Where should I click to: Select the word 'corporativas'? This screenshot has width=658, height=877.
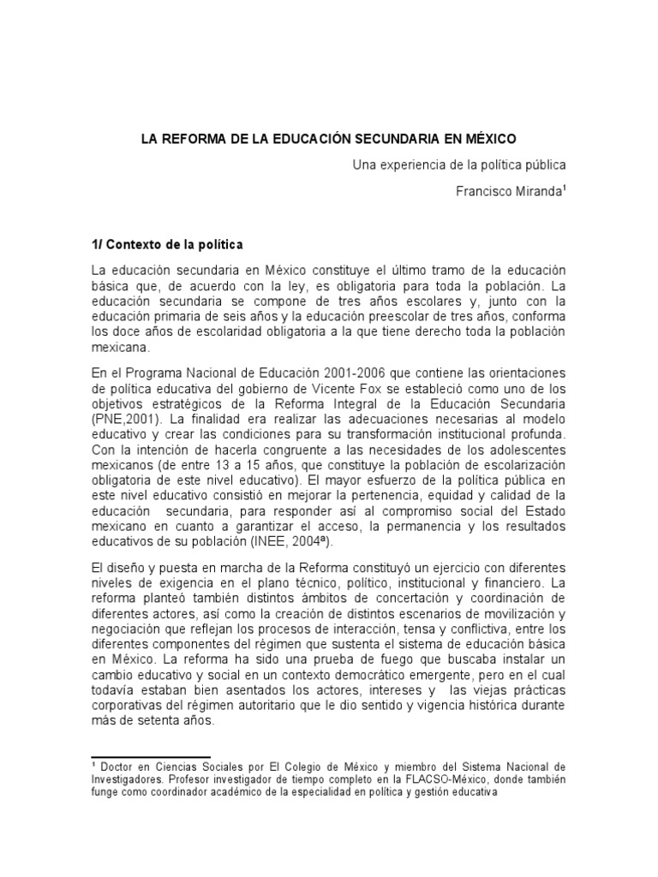[x=129, y=705]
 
